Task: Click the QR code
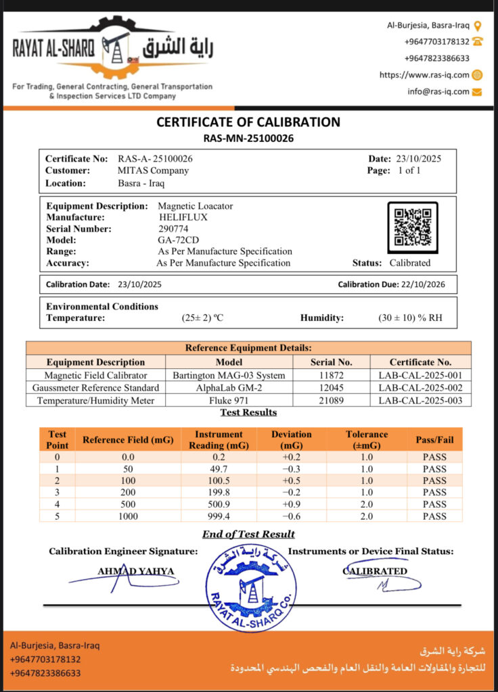coord(413,227)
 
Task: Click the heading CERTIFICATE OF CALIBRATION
coord(248,122)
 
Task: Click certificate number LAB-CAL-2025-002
coord(415,388)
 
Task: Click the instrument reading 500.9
coord(218,504)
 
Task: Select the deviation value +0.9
coord(292,504)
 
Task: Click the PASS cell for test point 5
coord(434,516)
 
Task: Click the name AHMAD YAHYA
coord(135,572)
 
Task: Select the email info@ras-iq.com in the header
coord(438,91)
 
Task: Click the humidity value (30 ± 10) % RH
coord(410,318)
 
